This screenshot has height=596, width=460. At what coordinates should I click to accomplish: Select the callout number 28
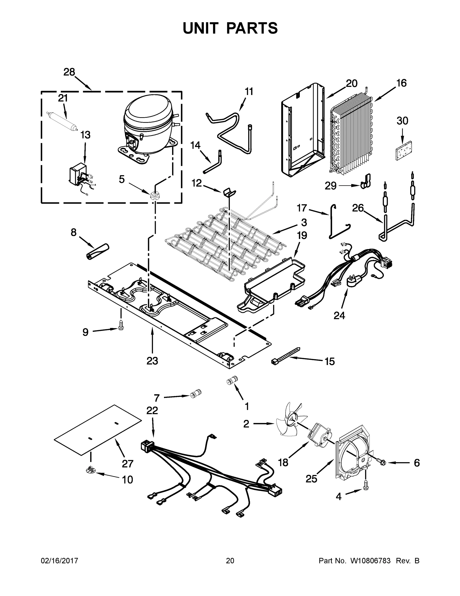pyautogui.click(x=69, y=72)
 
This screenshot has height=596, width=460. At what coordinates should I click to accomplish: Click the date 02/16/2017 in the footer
pyautogui.click(x=60, y=560)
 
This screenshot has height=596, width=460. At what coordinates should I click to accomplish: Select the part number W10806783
pyautogui.click(x=370, y=560)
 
